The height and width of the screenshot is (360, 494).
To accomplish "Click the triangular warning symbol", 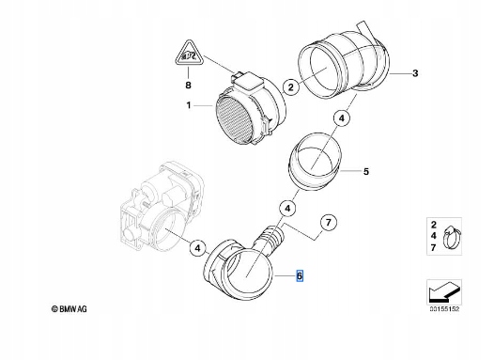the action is point(189,54).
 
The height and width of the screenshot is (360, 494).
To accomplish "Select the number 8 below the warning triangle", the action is point(188,86).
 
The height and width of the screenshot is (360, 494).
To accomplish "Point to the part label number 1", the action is point(189,105).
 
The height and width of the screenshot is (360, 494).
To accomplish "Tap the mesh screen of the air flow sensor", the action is point(237,120).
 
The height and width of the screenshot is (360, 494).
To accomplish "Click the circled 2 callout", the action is point(291,86).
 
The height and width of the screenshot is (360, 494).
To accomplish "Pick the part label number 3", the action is point(415,73).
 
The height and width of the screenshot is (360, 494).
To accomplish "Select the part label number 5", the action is point(365,171).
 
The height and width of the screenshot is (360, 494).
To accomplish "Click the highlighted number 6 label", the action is point(300,275).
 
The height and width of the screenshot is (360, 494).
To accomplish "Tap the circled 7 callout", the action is point(329,223).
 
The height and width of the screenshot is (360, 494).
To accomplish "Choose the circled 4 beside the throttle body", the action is point(197,248).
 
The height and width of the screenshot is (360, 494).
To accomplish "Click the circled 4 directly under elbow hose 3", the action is point(342,118).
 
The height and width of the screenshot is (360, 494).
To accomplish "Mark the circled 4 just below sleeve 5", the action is point(287,209).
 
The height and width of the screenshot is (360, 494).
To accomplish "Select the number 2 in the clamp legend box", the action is point(434,225).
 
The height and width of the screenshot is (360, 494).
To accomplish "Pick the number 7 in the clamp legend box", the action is point(434,248).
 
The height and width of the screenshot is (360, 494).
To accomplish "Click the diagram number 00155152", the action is point(444,309).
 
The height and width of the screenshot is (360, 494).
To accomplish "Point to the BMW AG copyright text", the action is point(69,309).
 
